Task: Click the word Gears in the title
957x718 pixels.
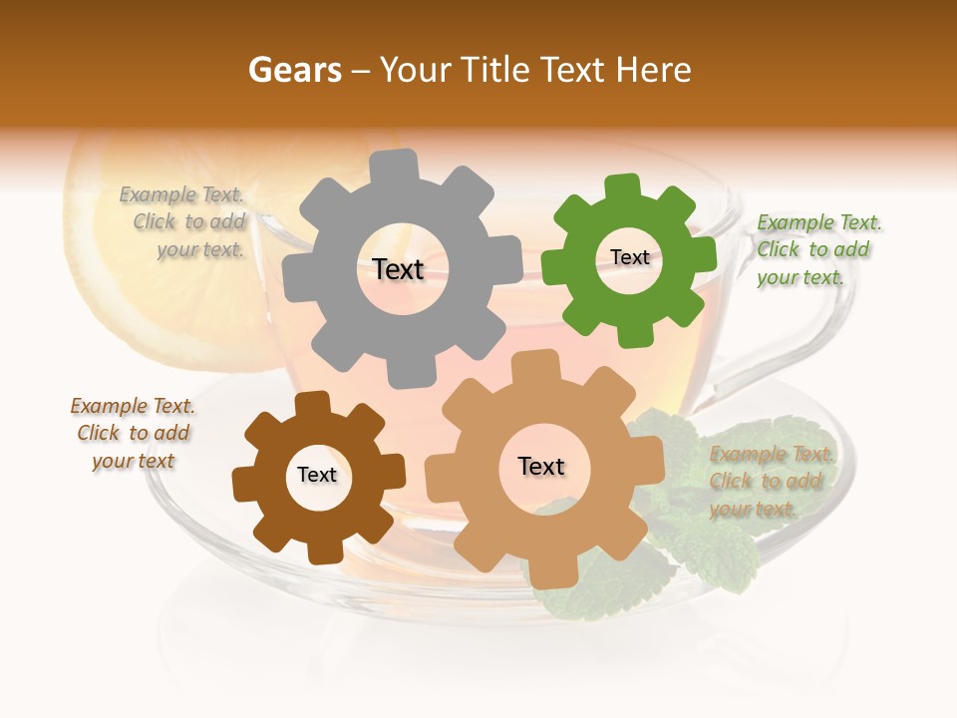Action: pos(294,70)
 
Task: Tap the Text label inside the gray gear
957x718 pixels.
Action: pos(398,269)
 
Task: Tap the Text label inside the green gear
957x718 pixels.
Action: pos(629,257)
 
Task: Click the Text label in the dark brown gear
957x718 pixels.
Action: pos(317,476)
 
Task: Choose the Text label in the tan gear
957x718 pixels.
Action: pos(541,467)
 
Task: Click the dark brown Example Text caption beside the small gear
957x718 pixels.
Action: pos(133,433)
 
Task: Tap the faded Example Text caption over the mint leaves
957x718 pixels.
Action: pos(770,482)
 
